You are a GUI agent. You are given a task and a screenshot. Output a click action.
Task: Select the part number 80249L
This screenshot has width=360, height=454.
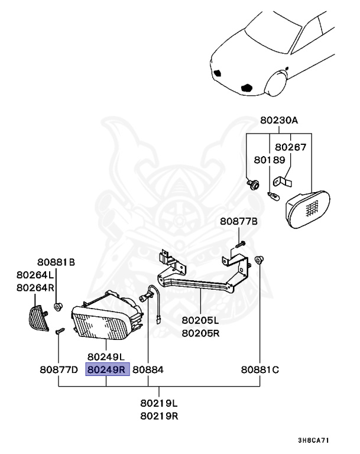(106, 357)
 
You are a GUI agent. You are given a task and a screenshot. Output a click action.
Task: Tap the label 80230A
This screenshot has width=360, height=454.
(278, 121)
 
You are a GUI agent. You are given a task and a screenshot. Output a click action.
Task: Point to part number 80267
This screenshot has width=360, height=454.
(291, 147)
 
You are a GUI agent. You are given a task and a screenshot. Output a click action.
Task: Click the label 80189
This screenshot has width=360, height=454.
(270, 160)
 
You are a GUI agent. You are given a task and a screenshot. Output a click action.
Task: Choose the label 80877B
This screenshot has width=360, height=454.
(239, 222)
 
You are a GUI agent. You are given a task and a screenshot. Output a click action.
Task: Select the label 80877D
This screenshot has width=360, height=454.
(59, 370)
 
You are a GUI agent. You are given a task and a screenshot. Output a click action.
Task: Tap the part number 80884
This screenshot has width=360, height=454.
(148, 370)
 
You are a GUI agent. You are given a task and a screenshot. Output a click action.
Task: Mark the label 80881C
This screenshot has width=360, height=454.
(260, 370)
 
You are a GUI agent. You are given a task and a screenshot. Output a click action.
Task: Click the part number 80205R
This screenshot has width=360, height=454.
(200, 333)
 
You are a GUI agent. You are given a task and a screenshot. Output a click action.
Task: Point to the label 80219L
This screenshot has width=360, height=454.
(160, 403)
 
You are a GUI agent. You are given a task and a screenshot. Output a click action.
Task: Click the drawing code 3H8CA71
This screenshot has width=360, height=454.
(314, 441)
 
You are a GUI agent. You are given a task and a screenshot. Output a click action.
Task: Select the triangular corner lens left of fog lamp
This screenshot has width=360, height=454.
(38, 319)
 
